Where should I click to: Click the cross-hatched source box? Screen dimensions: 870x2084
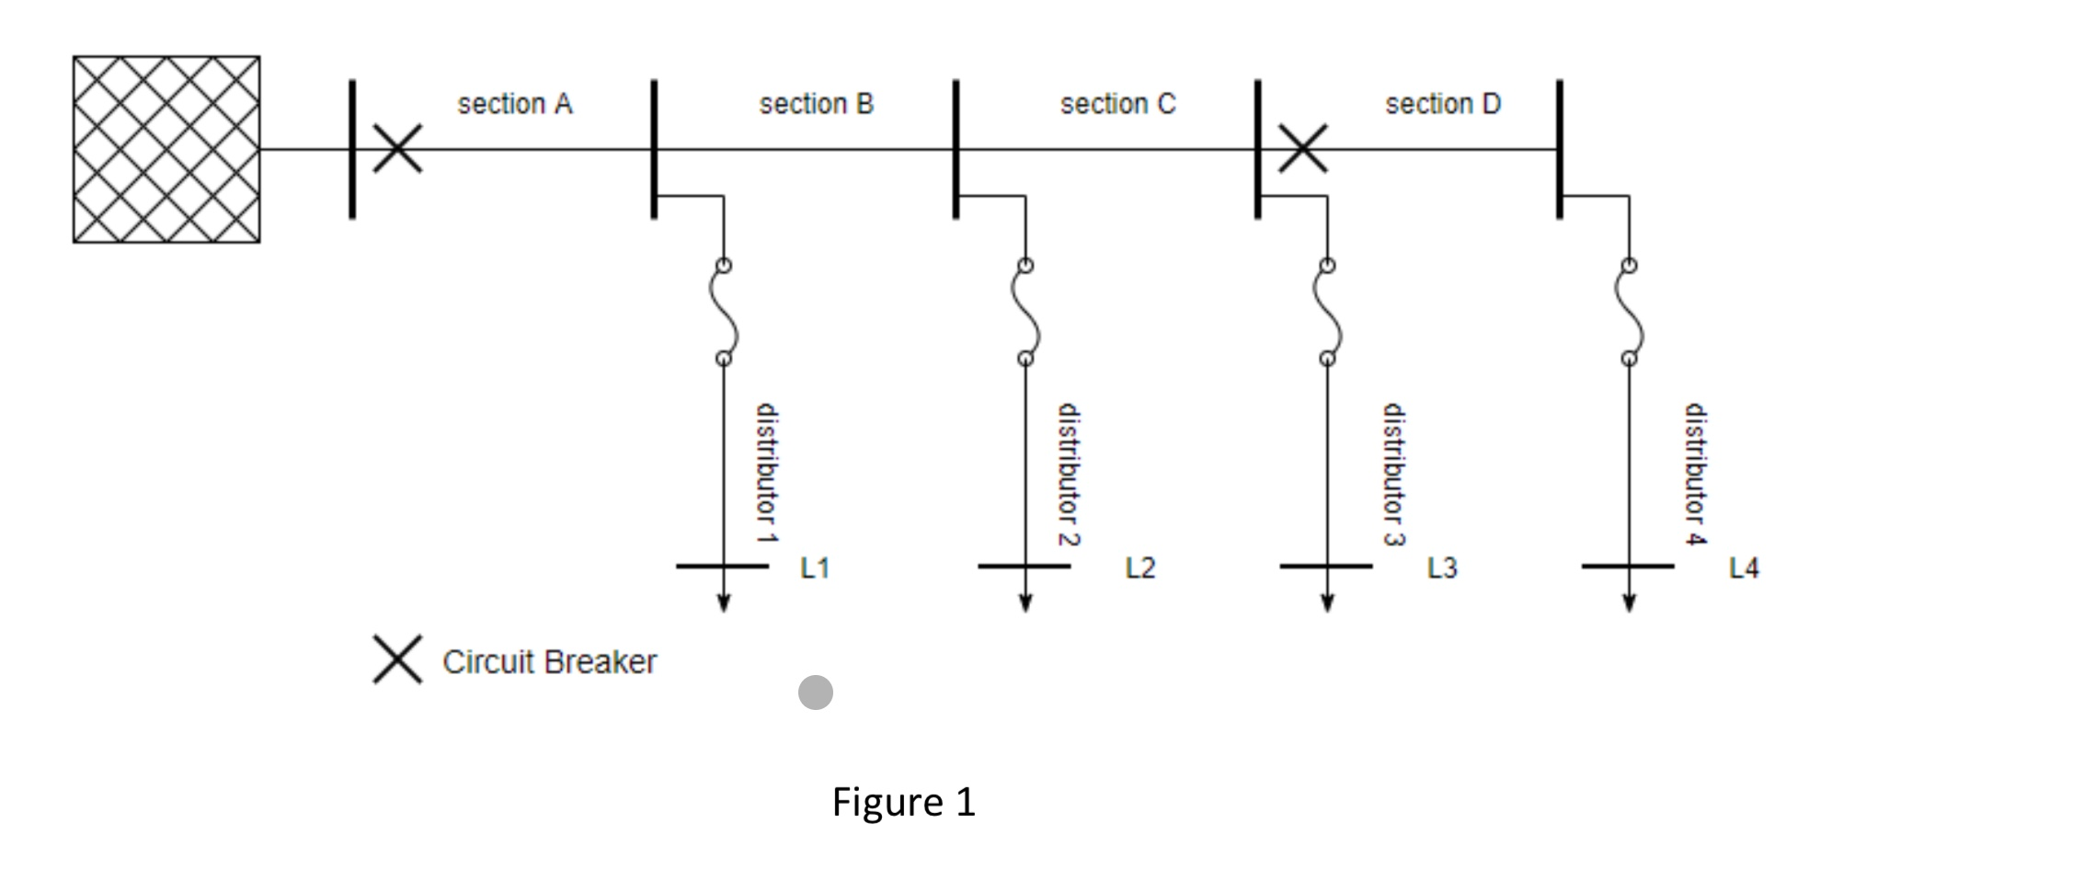pos(166,149)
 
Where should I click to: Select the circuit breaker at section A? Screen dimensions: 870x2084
pos(397,149)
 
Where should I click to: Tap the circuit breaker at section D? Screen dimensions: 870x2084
pos(1302,149)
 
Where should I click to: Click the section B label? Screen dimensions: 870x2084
pos(816,104)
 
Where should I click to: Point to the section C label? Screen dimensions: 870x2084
pos(1117,104)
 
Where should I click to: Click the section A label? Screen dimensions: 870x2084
pos(515,104)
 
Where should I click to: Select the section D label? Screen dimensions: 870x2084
pos(1443,104)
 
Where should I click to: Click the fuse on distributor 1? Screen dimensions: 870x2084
pos(724,312)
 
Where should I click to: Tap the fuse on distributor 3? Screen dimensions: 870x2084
pos(1327,312)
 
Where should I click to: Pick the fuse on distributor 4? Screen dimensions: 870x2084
pos(1629,312)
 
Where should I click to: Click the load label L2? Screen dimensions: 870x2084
pos(1140,568)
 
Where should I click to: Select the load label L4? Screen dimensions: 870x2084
pos(1744,568)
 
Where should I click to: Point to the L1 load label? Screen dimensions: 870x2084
pos(816,568)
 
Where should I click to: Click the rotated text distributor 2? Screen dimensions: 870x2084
pos(1068,475)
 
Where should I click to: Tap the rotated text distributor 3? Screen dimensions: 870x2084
pos(1394,475)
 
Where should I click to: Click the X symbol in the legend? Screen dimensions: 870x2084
pos(397,659)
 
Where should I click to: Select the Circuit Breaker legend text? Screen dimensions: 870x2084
pos(549,662)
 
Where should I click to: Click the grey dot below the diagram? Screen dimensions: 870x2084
pos(816,693)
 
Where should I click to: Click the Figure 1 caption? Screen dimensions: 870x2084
pos(903,802)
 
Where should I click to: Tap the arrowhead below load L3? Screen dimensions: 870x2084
pos(1327,603)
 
